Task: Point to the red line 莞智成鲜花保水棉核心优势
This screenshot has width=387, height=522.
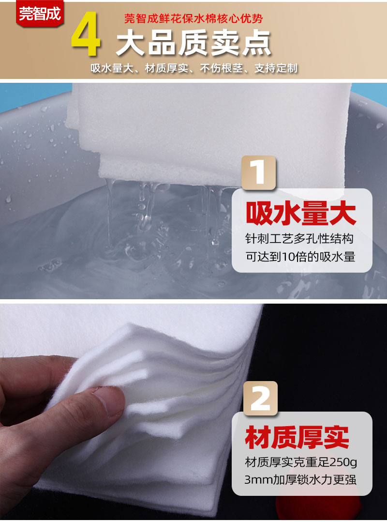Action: point(193,19)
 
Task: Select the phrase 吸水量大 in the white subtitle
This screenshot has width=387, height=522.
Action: point(111,68)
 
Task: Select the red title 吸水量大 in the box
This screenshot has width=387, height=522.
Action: point(301,214)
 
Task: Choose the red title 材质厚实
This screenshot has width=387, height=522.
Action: point(297,438)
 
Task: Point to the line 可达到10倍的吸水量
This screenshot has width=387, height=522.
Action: point(301,257)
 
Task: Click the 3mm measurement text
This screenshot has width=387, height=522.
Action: point(258,481)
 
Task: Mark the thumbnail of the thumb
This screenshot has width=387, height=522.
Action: point(109,400)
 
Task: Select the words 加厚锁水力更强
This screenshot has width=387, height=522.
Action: point(315,481)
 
